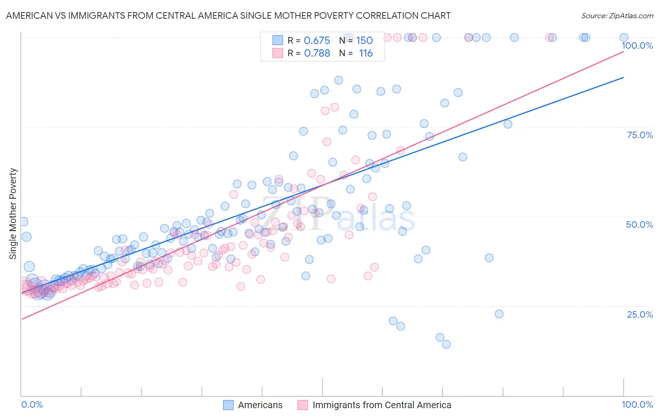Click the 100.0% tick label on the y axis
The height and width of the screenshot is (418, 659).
click(637, 45)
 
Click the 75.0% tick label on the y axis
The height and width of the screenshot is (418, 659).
click(640, 135)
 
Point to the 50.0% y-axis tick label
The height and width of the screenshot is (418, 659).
click(639, 224)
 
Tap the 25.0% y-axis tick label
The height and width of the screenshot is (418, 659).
click(640, 314)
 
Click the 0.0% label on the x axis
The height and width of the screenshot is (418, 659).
click(32, 404)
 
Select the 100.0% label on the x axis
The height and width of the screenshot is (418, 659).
click(637, 404)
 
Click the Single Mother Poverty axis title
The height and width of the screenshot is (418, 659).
click(13, 214)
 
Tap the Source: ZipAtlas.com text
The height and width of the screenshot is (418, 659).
click(617, 15)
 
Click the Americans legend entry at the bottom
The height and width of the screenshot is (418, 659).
click(260, 405)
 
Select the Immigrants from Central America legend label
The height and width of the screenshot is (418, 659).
click(382, 405)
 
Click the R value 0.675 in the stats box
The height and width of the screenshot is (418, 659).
click(317, 41)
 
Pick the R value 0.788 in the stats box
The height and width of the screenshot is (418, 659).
click(317, 53)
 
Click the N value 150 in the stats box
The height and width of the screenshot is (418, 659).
click(364, 41)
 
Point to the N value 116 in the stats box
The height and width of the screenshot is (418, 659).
click(366, 53)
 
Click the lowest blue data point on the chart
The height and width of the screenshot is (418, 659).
click(446, 344)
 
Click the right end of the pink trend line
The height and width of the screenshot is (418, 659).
click(623, 51)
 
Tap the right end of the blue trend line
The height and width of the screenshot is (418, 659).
click(623, 77)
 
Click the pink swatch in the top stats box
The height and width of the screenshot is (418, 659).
click(278, 53)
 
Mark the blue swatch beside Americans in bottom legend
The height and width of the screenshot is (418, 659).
click(228, 405)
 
